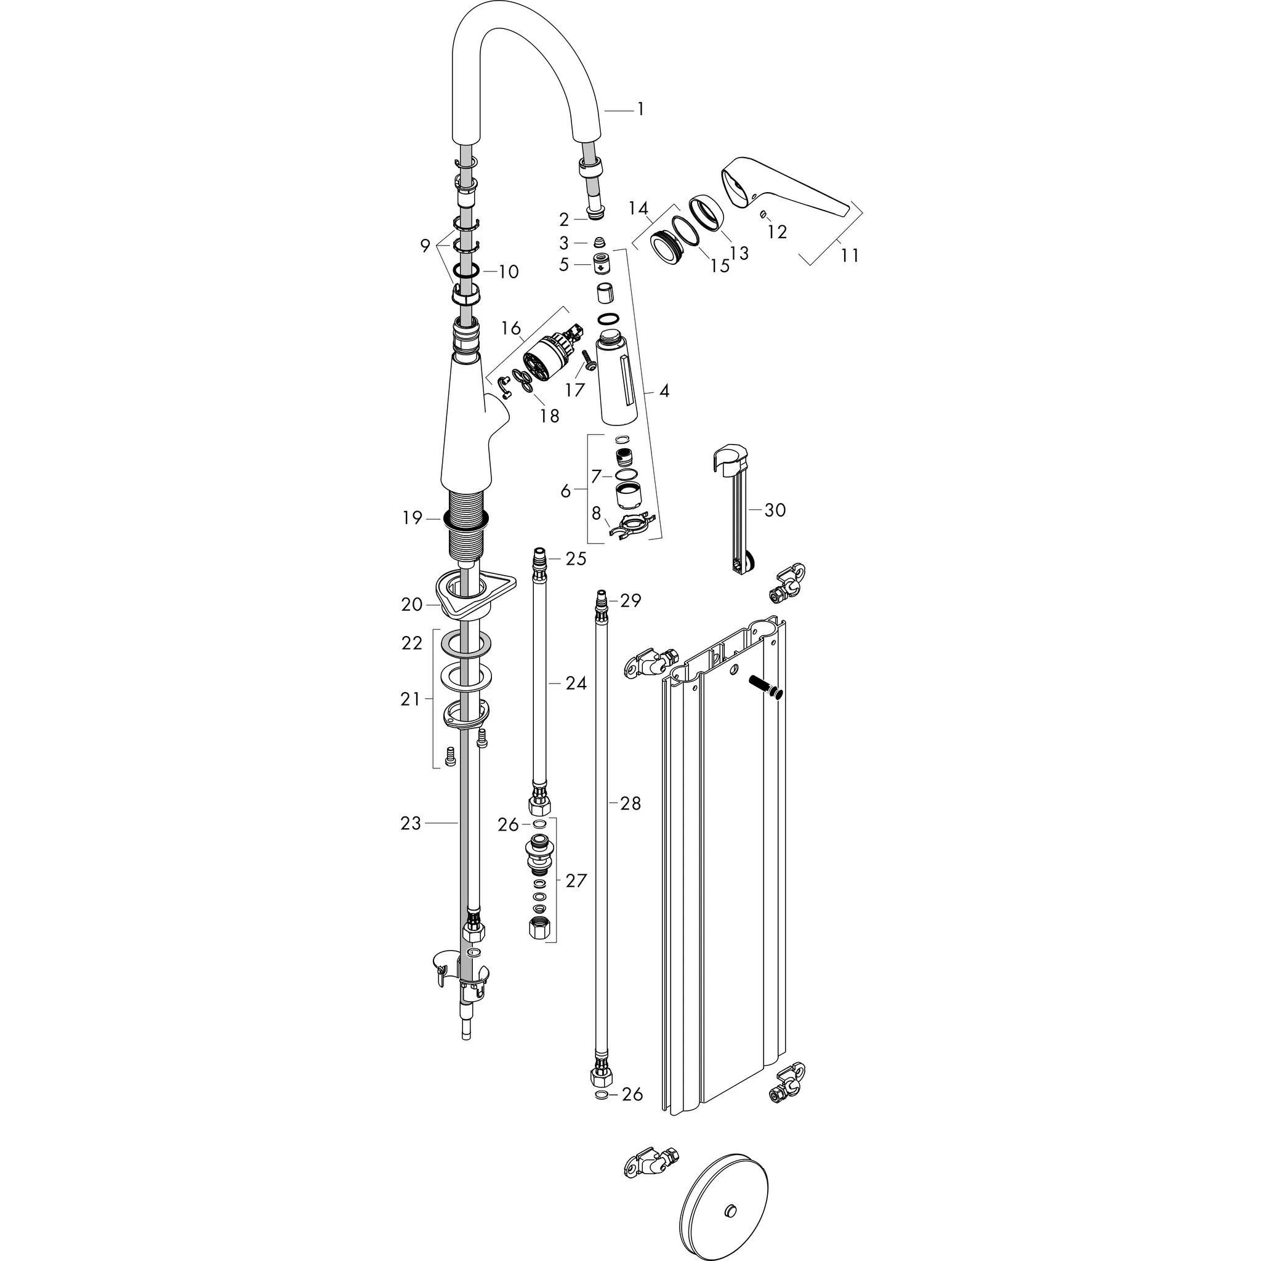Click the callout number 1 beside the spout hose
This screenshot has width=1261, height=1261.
(640, 110)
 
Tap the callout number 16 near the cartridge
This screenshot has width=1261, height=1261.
(511, 328)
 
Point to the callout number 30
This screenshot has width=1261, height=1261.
(775, 510)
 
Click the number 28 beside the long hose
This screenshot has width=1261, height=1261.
(630, 804)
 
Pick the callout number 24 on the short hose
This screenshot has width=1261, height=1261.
(576, 683)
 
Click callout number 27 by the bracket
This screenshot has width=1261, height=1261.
(576, 880)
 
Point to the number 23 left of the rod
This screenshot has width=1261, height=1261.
(411, 824)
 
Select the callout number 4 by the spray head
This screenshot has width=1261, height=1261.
(664, 391)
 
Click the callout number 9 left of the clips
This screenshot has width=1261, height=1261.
(425, 246)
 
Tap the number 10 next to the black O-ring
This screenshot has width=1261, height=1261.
(509, 272)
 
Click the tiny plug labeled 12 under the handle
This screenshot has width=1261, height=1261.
(762, 214)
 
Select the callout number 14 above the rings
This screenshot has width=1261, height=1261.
(639, 209)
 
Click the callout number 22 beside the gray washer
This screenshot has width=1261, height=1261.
(412, 643)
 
